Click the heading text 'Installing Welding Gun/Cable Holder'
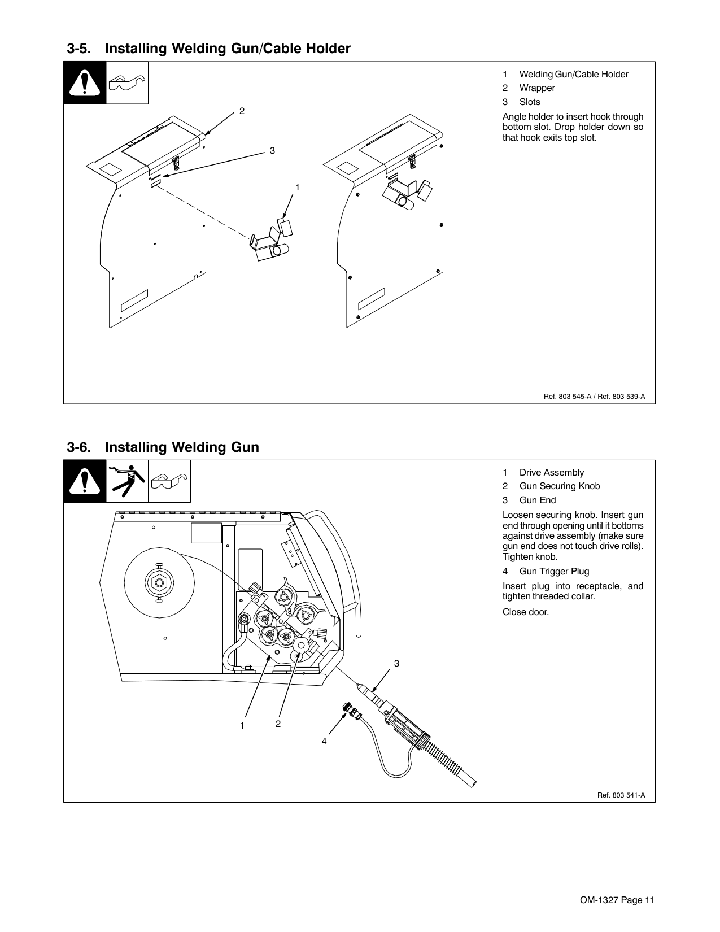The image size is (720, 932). pyautogui.click(x=228, y=49)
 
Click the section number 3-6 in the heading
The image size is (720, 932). pyautogui.click(x=79, y=447)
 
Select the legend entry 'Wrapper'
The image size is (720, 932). pyautogui.click(x=536, y=88)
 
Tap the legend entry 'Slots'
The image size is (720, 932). pyautogui.click(x=530, y=102)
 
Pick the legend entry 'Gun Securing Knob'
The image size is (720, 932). pyautogui.click(x=559, y=486)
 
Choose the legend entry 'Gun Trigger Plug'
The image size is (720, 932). pyautogui.click(x=553, y=572)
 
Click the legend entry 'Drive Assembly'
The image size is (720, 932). pyautogui.click(x=551, y=473)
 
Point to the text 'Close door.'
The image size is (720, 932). pyautogui.click(x=525, y=612)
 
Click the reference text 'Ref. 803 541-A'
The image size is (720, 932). pyautogui.click(x=621, y=796)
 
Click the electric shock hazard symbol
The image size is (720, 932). pyautogui.click(x=127, y=481)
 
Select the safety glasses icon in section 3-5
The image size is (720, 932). pyautogui.click(x=127, y=83)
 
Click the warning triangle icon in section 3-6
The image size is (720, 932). pyautogui.click(x=85, y=481)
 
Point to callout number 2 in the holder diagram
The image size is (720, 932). pyautogui.click(x=242, y=111)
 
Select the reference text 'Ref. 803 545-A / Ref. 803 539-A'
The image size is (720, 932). pyautogui.click(x=594, y=397)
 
